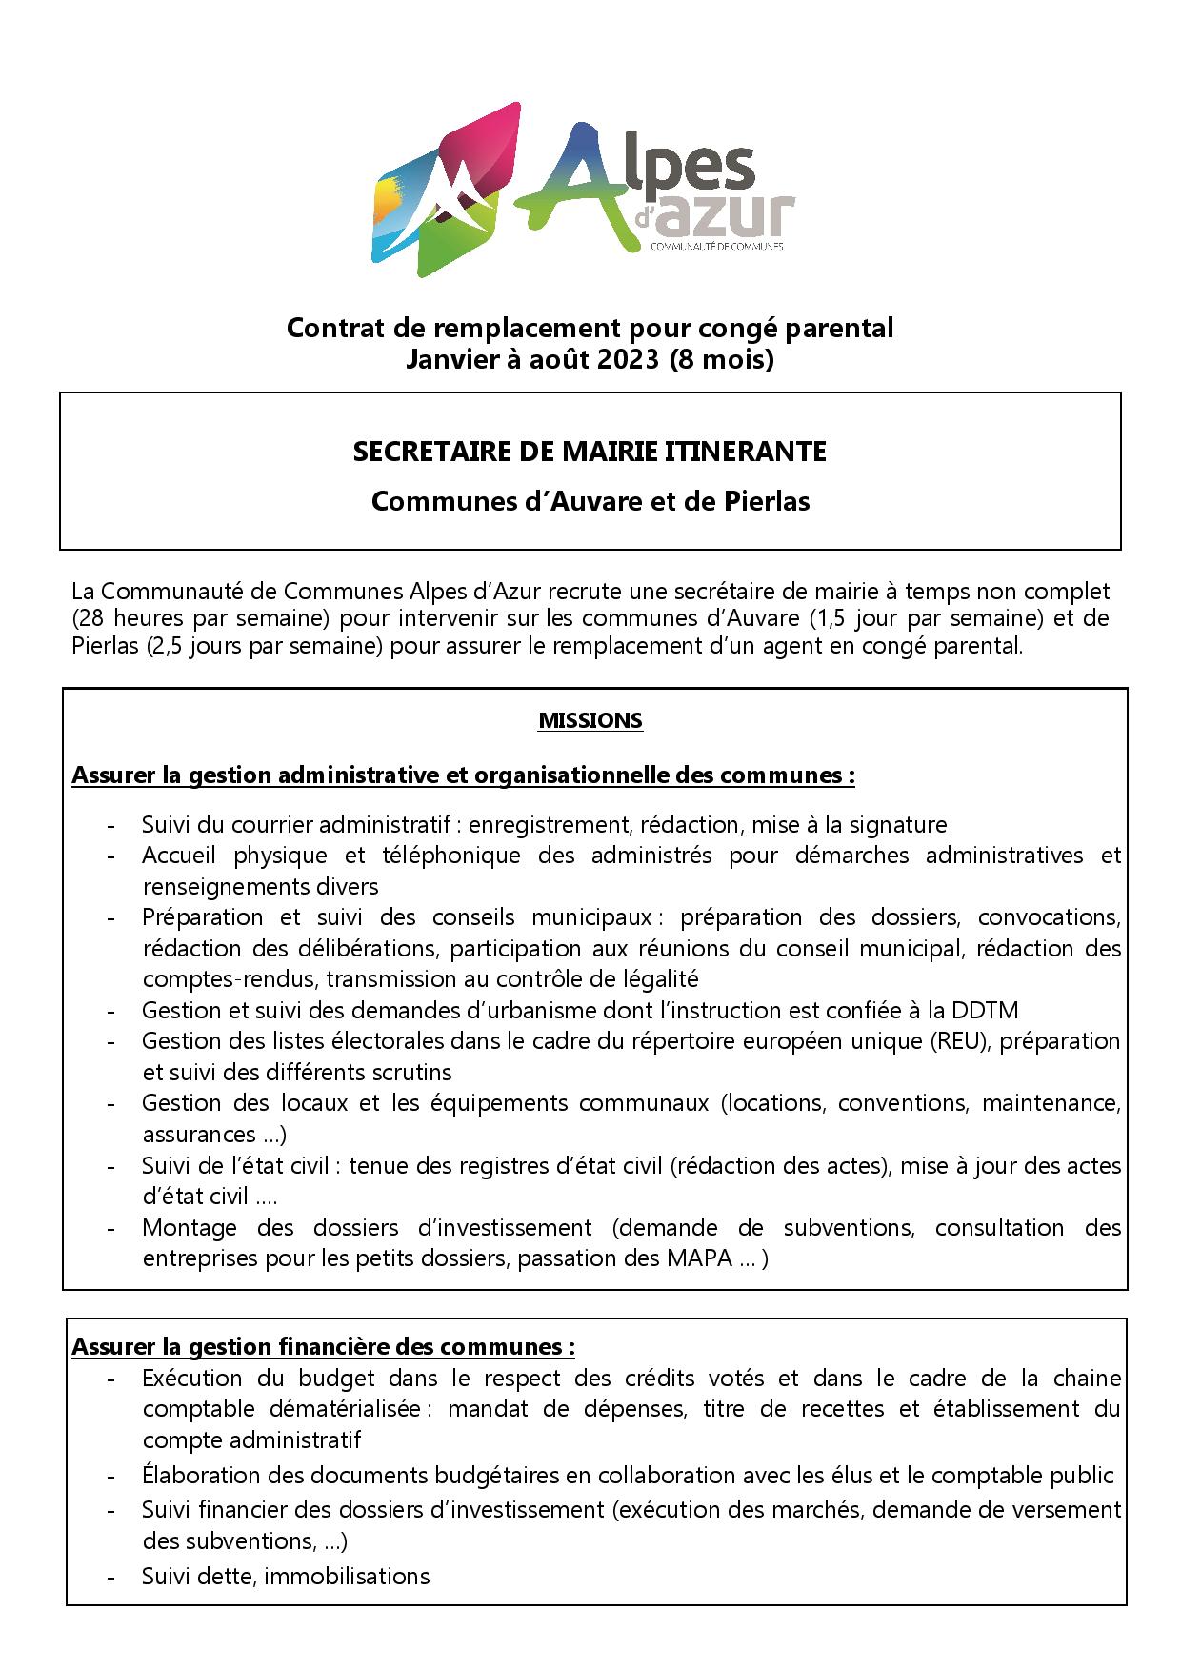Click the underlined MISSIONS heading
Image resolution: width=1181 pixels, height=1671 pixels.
pos(590,720)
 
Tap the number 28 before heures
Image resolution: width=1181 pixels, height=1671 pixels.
pos(86,617)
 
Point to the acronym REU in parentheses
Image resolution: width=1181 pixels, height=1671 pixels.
pos(965,1040)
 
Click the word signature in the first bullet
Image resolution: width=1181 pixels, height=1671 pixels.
pos(898,824)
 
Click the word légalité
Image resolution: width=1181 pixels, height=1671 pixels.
pos(658,978)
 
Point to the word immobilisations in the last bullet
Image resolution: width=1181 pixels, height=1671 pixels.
pos(347,1576)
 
